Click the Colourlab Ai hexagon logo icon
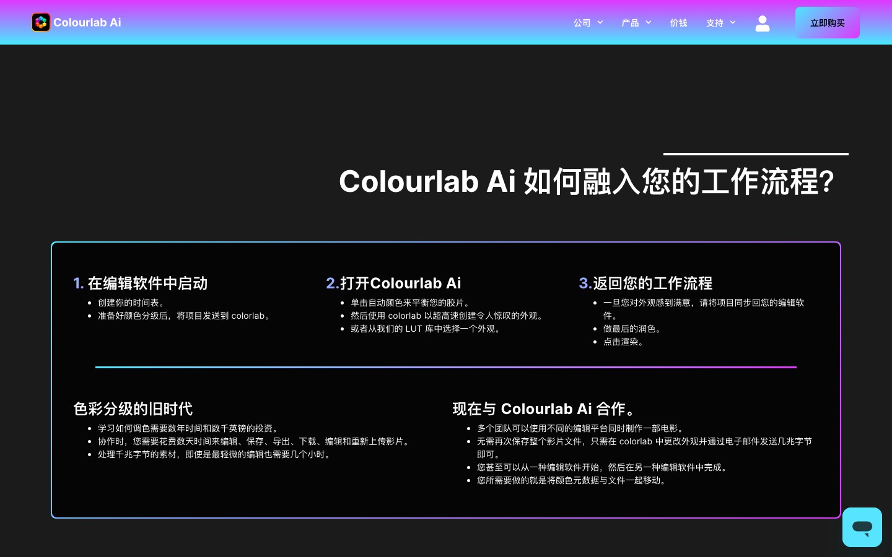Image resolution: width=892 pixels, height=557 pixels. [x=41, y=22]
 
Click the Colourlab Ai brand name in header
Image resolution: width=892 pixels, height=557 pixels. [x=87, y=22]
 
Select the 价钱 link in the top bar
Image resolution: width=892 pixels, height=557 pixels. [x=678, y=23]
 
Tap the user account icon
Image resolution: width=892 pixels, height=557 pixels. [x=763, y=23]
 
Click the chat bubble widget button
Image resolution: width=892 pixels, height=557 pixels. [x=862, y=527]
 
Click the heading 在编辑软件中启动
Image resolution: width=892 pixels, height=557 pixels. [x=147, y=283]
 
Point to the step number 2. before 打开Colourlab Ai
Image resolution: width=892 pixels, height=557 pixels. [x=332, y=283]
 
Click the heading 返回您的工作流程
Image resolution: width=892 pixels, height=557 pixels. [x=652, y=283]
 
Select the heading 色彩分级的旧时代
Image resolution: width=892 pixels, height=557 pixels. [x=133, y=409]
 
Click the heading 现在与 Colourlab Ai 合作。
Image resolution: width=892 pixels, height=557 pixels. [x=545, y=409]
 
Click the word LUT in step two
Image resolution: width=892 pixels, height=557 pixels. [x=414, y=329]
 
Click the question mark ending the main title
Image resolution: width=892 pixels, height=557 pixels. [x=826, y=182]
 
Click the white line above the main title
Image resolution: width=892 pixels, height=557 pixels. [x=756, y=154]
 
